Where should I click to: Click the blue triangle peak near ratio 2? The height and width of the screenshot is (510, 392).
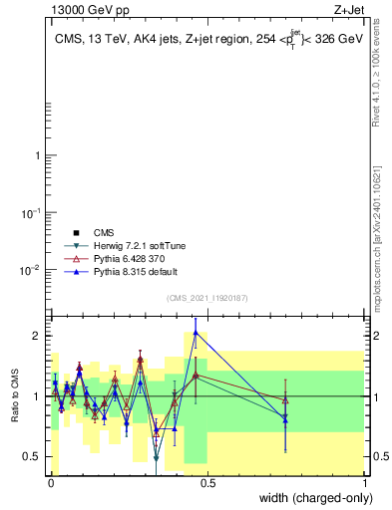point(196,333)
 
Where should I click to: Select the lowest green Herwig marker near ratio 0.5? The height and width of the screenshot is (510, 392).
point(157,458)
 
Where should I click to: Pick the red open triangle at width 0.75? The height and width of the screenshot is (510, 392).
point(285,400)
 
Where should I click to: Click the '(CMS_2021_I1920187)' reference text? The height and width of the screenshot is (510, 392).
point(206,297)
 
